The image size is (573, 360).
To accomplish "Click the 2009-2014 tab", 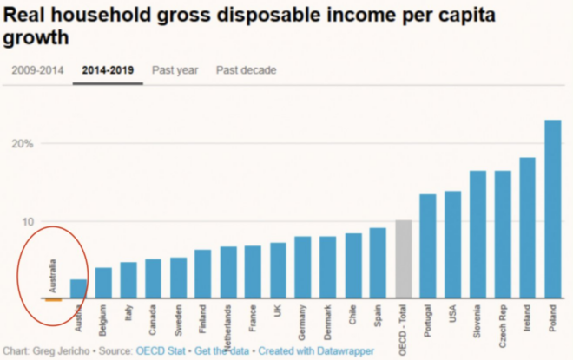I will point(37,70).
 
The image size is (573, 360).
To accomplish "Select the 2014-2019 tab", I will point(108,70).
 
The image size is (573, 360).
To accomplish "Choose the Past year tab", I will point(175,70).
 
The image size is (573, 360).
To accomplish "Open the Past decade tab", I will point(246,70).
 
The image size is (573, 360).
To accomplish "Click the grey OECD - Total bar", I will point(403,259).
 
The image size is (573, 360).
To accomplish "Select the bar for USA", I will point(452,245).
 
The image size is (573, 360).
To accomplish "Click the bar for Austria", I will point(78,289).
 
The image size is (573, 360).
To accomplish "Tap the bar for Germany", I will point(303,268).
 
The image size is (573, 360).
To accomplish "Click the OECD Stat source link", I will point(161,351).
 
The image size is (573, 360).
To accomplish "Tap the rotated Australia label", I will point(53,276).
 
